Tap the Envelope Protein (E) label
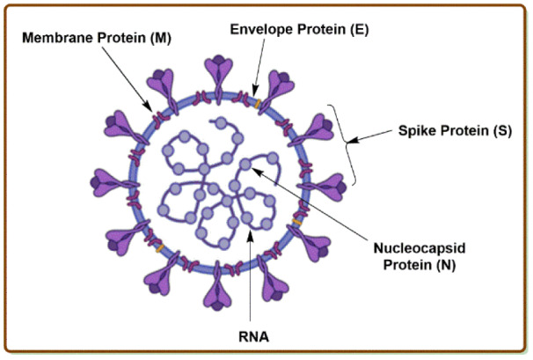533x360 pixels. (x=299, y=29)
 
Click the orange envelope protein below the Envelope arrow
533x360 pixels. (x=255, y=104)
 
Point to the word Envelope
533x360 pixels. (x=259, y=29)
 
